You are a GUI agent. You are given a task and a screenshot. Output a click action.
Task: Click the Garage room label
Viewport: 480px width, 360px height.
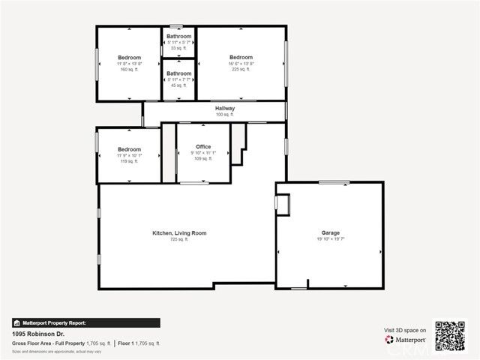click(x=330, y=233)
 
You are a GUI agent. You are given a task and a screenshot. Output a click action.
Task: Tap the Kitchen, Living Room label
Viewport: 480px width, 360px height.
click(x=179, y=233)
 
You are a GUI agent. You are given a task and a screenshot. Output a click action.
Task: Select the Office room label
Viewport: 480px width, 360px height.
click(x=203, y=146)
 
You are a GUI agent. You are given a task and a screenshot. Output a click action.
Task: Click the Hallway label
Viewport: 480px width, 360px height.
click(x=225, y=109)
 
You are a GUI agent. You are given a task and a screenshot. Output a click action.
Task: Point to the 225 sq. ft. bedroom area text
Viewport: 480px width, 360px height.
click(x=241, y=70)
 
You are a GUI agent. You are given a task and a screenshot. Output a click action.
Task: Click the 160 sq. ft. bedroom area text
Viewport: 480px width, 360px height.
click(x=129, y=70)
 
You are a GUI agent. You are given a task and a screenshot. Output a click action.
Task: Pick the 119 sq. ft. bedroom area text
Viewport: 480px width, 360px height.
click(x=129, y=161)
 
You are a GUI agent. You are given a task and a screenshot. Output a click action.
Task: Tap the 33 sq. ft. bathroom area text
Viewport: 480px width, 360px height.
click(x=178, y=49)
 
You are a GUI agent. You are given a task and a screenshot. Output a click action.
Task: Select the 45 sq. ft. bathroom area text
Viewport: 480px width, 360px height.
click(x=178, y=85)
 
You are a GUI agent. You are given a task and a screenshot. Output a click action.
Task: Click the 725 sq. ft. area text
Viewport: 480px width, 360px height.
click(x=179, y=239)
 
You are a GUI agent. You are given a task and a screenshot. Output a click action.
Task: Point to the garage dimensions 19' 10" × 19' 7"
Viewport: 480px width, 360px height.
click(x=330, y=239)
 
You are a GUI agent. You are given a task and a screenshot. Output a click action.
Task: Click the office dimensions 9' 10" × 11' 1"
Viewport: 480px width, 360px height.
click(x=203, y=152)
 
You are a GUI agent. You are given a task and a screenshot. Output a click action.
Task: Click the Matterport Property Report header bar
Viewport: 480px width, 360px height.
click(x=86, y=322)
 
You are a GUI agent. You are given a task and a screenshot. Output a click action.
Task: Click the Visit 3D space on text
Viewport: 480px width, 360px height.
click(x=405, y=330)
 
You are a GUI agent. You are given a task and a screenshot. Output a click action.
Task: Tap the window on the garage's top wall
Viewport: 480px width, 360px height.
click(x=334, y=182)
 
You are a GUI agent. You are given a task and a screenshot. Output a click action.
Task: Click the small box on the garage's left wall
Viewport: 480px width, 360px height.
click(x=281, y=202)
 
